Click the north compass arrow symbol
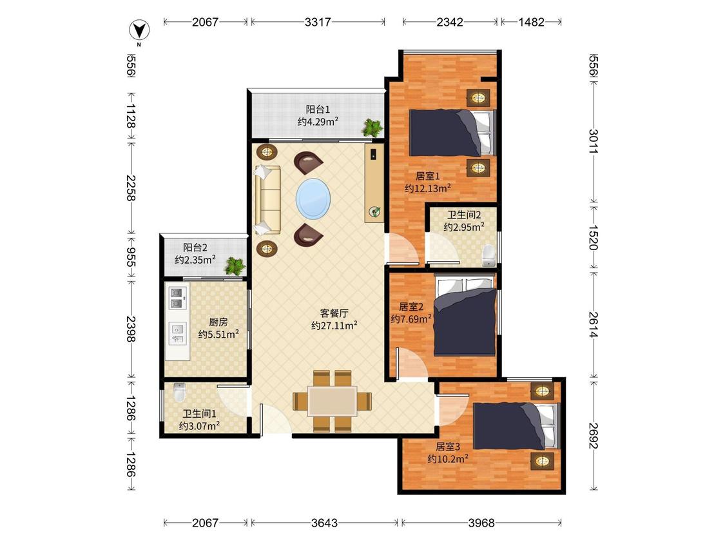(139, 31)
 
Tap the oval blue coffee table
(313, 199)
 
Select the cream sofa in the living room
(267, 199)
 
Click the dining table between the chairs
(333, 401)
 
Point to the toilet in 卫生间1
(179, 392)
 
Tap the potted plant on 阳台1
(372, 128)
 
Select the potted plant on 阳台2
(235, 266)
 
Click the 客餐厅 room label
(334, 313)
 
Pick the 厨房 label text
(218, 322)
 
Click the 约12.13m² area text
(428, 188)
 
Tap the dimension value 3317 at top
(318, 22)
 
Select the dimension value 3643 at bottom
(324, 523)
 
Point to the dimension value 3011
(594, 142)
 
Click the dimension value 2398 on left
(131, 329)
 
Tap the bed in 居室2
(465, 316)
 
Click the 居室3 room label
(448, 447)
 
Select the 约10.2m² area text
(448, 458)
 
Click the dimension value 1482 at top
(531, 22)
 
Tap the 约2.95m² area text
(464, 227)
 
